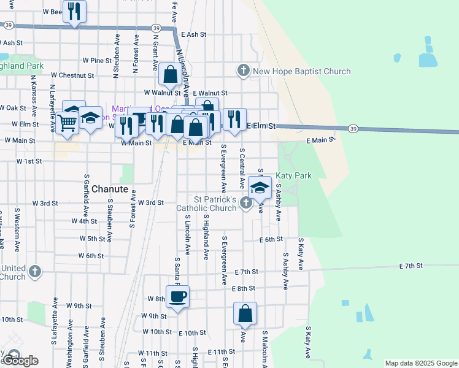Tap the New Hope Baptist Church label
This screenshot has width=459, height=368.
tap(302, 72)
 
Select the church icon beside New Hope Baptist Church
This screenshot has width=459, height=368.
tap(244, 71)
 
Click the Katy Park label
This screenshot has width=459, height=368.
tap(293, 175)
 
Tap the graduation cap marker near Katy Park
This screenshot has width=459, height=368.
tap(260, 188)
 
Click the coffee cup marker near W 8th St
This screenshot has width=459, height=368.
tap(177, 297)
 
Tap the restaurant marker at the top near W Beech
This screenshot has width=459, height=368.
tap(74, 11)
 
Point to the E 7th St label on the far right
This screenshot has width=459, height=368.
tap(411, 266)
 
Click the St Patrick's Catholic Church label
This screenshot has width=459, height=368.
tap(215, 204)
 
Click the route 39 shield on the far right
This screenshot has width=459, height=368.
tap(352, 128)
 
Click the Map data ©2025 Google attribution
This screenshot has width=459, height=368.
tap(421, 363)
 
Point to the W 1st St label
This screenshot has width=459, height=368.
tap(29, 161)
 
